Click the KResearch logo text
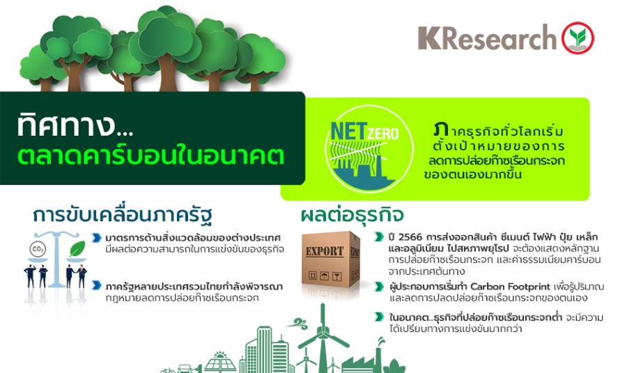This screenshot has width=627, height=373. pyautogui.click(x=487, y=38)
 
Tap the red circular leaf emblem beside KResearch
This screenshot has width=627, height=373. pyautogui.click(x=578, y=38)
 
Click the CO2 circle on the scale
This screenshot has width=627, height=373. pyautogui.click(x=38, y=250)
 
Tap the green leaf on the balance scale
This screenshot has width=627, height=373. pyautogui.click(x=77, y=249)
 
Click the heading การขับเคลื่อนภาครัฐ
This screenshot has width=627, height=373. pyautogui.click(x=123, y=216)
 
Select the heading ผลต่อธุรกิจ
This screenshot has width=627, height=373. pyautogui.click(x=353, y=215)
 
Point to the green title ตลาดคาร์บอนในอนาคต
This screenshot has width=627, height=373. pyautogui.click(x=150, y=155)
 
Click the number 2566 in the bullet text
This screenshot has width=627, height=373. pyautogui.click(x=410, y=237)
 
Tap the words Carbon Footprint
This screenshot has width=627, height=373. pyautogui.click(x=510, y=287)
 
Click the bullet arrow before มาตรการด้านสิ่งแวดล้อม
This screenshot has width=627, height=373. pyautogui.click(x=96, y=238)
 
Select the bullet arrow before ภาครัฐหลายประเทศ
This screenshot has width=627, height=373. pyautogui.click(x=96, y=285)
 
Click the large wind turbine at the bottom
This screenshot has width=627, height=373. pyautogui.click(x=323, y=338)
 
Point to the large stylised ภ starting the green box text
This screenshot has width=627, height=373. pyautogui.click(x=441, y=129)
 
